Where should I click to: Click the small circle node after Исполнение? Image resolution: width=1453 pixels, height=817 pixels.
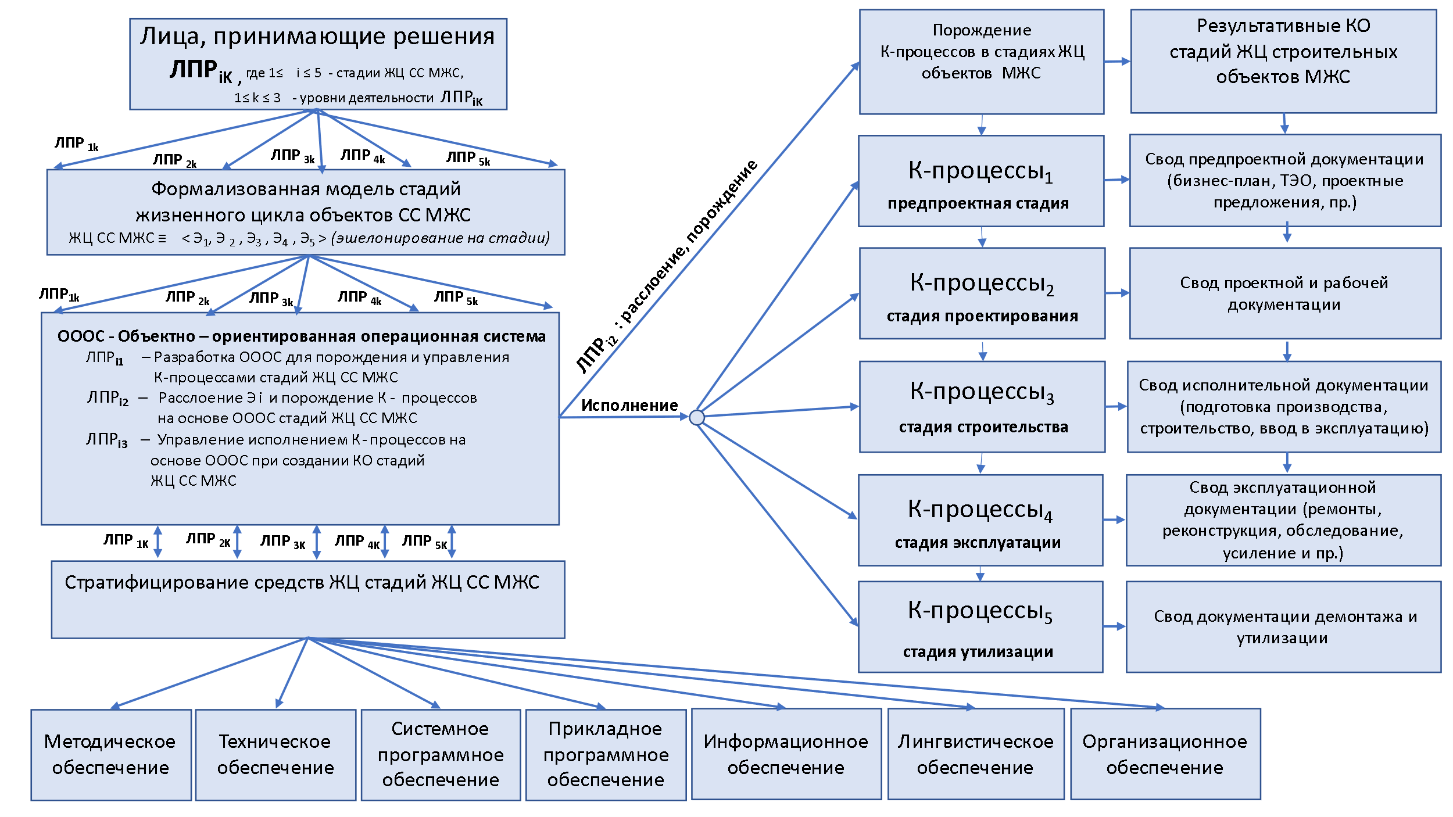pos(697,417)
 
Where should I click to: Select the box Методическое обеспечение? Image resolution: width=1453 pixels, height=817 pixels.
pos(111,755)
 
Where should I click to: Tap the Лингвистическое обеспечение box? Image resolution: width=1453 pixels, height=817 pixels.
pos(976,754)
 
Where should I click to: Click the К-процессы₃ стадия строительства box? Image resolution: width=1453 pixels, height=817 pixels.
pos(982,407)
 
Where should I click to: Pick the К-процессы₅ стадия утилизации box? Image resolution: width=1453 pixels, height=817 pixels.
pos(980,627)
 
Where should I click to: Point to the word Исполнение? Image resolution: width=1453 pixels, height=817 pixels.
pos(629,406)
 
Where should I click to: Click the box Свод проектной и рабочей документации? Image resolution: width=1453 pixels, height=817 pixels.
pos(1284,293)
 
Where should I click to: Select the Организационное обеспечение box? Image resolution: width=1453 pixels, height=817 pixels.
pos(1165,754)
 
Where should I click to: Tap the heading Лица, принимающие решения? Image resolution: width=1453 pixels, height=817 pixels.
pos(317,37)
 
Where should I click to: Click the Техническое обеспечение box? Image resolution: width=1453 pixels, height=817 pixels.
pos(275,755)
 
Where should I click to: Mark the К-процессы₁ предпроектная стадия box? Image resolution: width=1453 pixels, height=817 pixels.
pos(981,181)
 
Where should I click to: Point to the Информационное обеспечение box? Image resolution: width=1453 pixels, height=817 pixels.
pos(786,754)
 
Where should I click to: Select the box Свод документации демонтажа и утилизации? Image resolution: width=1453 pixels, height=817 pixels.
pos(1283,627)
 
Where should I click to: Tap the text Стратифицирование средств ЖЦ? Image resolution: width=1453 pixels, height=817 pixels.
pos(302,582)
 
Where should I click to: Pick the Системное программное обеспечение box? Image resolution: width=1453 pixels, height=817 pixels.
pos(441,755)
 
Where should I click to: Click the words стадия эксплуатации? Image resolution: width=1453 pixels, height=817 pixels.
pos(978,543)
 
